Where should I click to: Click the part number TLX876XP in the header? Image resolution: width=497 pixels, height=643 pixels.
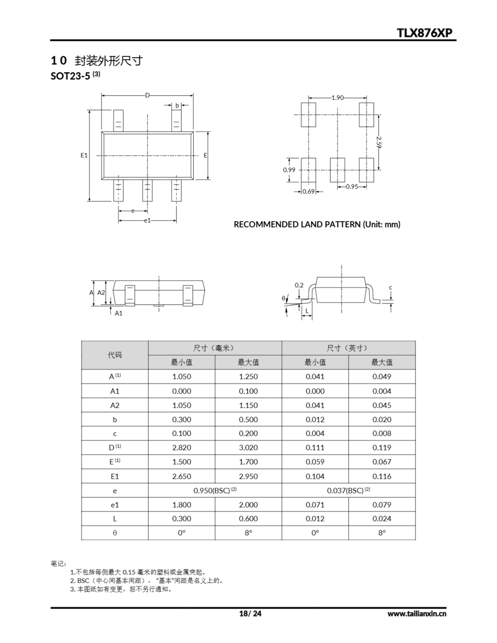[425, 33]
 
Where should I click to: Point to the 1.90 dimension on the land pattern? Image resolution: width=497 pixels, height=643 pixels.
[337, 98]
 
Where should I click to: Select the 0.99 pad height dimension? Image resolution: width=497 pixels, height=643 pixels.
[289, 170]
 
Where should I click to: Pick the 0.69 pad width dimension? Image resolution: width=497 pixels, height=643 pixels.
[309, 192]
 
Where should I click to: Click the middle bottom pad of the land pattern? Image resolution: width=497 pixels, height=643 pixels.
[337, 170]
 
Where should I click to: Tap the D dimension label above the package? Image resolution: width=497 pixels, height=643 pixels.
[147, 95]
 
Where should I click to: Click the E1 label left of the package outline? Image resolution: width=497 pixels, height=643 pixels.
[84, 155]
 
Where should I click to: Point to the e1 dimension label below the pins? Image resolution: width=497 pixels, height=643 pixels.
[147, 221]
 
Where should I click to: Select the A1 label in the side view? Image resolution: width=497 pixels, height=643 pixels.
[118, 313]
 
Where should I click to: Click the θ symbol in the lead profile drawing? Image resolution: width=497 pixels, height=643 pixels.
[283, 298]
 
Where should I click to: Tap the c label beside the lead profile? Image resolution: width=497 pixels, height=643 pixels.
[391, 287]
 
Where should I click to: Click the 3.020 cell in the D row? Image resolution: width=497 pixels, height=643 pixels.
[248, 448]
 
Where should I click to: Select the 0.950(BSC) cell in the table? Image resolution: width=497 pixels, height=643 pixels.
[215, 491]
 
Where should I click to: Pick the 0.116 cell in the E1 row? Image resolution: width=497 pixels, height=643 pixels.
[382, 476]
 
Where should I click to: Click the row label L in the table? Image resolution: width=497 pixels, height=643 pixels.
[115, 519]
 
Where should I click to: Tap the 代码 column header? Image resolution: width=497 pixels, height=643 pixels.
[115, 355]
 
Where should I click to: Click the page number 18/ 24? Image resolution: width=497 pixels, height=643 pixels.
[250, 614]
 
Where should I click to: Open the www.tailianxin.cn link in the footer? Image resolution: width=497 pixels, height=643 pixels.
[417, 614]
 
